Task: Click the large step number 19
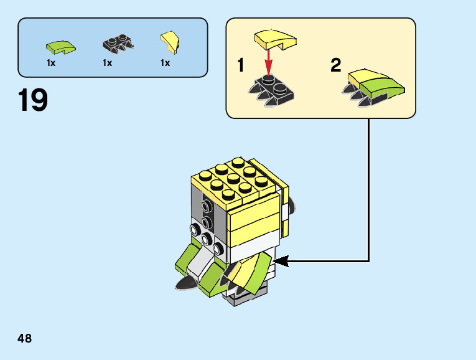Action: click(x=33, y=101)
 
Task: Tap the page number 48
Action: click(x=25, y=339)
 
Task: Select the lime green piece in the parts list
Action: click(x=60, y=45)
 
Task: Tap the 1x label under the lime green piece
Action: click(x=51, y=63)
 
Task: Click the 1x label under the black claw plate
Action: click(x=107, y=63)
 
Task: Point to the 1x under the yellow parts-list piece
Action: click(x=165, y=63)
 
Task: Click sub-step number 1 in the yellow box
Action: click(x=240, y=65)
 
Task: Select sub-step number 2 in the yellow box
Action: click(x=336, y=65)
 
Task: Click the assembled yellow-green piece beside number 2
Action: click(x=373, y=85)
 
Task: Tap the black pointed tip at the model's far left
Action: click(x=184, y=284)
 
